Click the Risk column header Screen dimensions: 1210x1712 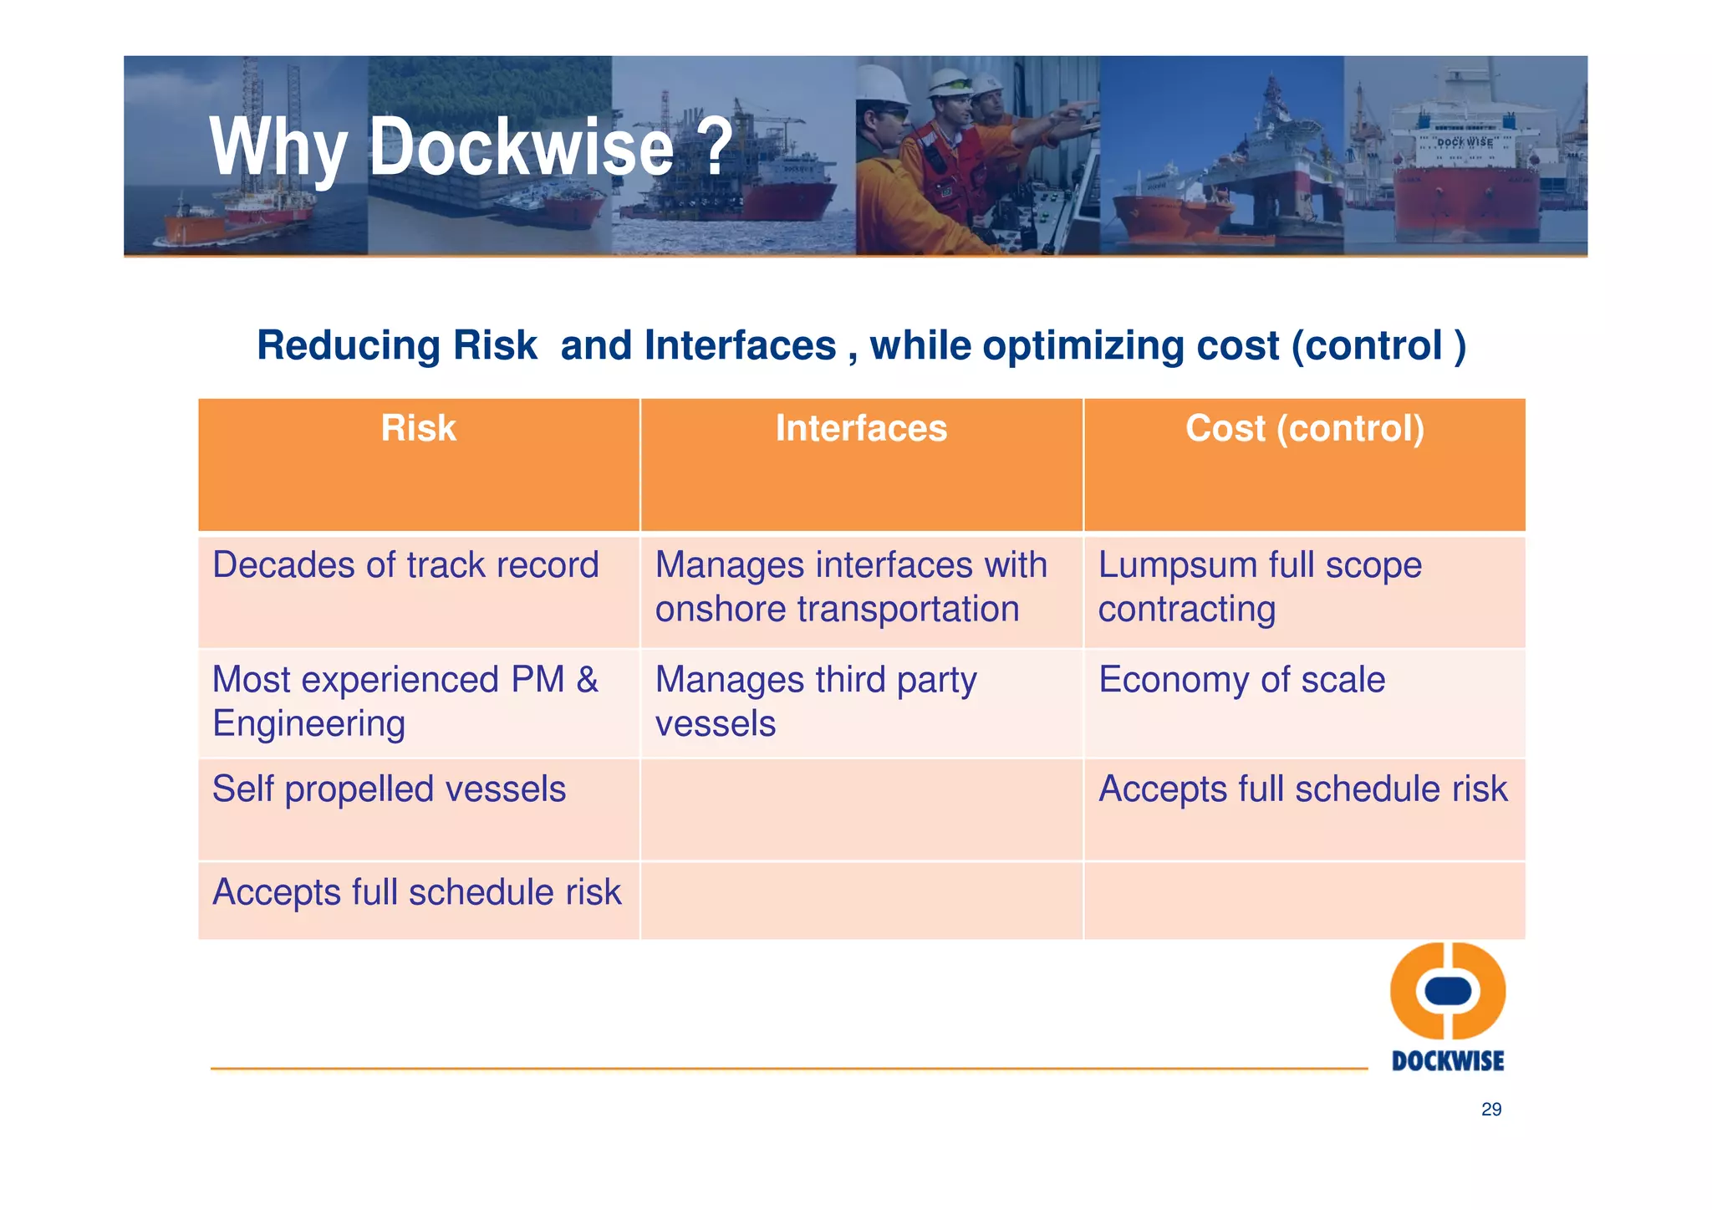[418, 429]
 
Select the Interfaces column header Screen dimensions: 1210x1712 [860, 429]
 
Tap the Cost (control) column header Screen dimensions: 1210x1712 [1304, 429]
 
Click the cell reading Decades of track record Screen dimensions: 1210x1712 [405, 565]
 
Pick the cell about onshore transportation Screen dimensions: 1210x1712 [850, 587]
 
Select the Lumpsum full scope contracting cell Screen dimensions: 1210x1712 [1259, 587]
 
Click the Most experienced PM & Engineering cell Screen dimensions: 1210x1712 [405, 701]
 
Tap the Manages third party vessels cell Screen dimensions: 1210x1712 [815, 701]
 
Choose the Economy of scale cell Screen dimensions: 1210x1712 [1241, 680]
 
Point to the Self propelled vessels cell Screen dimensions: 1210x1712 [389, 789]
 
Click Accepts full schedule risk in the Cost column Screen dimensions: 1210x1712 [1302, 789]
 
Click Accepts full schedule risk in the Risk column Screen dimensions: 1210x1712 [416, 892]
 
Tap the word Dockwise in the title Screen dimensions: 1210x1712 [521, 147]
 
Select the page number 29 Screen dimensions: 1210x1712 [1490, 1110]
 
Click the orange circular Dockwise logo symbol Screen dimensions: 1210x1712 [1448, 991]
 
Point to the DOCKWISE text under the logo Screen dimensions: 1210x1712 [1448, 1061]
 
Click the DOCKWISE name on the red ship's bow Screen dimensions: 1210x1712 [1464, 142]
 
